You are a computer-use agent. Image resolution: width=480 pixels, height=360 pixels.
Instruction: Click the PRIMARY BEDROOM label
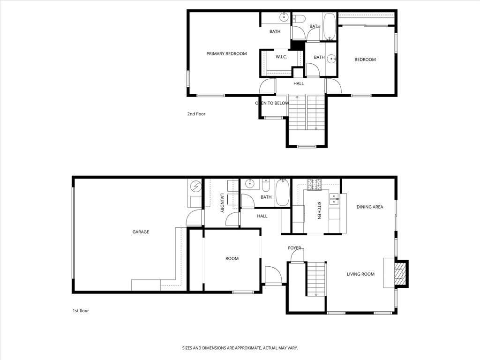(226, 54)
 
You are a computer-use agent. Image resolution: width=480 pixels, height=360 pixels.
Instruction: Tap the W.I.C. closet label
(281, 57)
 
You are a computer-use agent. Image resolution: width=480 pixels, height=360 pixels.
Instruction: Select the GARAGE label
(141, 232)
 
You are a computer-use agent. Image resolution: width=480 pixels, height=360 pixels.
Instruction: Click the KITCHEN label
(319, 210)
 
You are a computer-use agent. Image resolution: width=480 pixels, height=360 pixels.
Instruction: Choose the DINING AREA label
(370, 207)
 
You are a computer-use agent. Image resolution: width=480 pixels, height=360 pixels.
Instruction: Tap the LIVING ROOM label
(360, 274)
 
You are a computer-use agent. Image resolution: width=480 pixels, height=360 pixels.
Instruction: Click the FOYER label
(294, 248)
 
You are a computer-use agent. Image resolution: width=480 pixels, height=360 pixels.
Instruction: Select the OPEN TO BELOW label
(271, 103)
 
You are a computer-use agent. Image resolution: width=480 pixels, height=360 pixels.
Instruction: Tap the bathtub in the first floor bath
(283, 193)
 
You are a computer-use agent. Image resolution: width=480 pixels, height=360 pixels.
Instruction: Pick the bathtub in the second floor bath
(330, 26)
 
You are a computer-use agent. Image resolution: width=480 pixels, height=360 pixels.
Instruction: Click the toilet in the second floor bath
(299, 19)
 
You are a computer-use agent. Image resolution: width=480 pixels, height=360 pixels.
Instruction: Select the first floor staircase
(316, 279)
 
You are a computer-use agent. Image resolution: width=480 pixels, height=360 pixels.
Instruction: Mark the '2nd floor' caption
(196, 114)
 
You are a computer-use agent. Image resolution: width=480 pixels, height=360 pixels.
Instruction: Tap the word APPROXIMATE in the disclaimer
(236, 348)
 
